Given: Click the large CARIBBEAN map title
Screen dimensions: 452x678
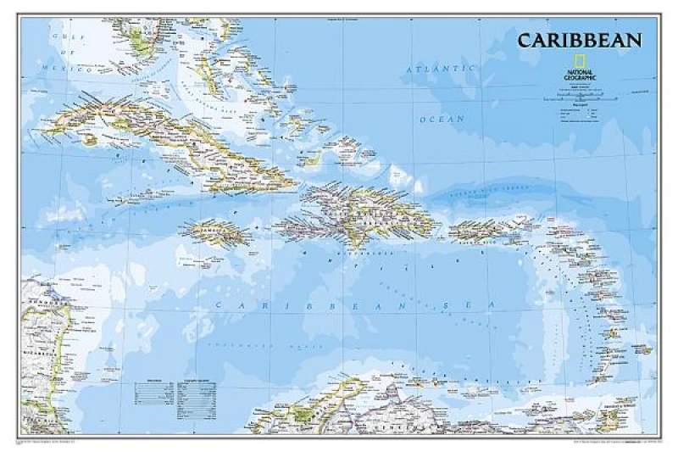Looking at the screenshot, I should click(x=580, y=40).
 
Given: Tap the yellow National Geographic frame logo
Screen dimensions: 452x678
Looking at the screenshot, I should click(x=581, y=61).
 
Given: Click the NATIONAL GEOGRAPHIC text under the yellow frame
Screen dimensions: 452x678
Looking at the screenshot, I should click(x=581, y=75).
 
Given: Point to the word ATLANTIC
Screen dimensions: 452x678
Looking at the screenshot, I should click(x=441, y=68).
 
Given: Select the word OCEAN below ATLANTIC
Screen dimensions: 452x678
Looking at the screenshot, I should click(x=442, y=120).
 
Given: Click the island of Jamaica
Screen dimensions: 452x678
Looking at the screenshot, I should click(x=214, y=231).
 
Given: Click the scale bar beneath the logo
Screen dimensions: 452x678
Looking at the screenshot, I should click(x=585, y=99).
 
